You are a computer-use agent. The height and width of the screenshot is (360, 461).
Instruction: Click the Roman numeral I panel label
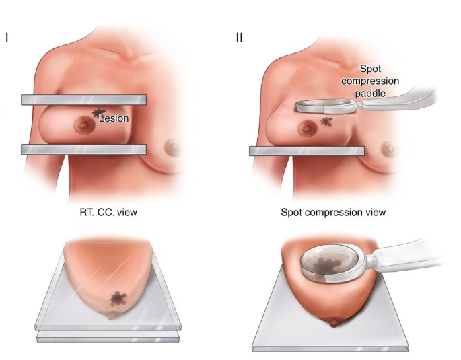pos(7,37)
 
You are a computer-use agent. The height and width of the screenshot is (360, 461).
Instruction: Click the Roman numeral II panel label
pos(239,37)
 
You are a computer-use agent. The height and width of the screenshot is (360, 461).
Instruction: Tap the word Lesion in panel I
pos(114,118)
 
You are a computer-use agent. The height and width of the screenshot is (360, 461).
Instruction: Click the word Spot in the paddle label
pos(371,69)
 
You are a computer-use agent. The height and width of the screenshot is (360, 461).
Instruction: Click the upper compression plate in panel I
pos(83,100)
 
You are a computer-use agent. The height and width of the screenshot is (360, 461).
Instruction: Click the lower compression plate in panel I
pos(83,149)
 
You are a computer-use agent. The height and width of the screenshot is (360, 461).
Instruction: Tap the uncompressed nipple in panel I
pos(174,146)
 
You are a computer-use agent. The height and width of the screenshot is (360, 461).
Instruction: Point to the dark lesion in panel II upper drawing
pos(328,122)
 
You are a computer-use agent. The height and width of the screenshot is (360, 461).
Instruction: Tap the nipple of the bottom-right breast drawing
pos(334,323)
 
